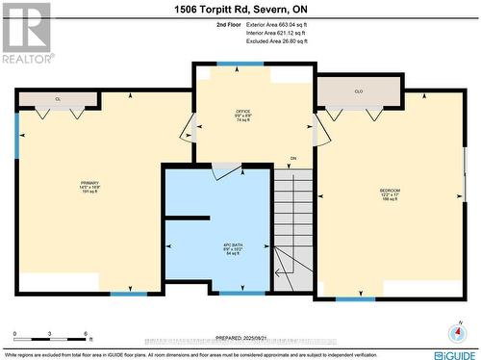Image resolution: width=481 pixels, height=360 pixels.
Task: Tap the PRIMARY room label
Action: [89, 185]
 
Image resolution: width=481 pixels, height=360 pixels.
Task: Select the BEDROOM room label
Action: [391, 193]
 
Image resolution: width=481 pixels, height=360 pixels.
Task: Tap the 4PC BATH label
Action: [234, 248]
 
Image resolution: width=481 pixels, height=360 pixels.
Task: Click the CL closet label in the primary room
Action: [58, 99]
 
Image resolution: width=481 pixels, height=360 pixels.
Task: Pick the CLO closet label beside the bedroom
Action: [358, 92]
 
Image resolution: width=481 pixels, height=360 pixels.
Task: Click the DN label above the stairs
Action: [293, 159]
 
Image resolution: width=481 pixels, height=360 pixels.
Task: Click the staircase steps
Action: [293, 226]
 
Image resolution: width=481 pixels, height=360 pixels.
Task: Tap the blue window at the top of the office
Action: [233, 64]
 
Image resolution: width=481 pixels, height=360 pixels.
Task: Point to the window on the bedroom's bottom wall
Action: [354, 298]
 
